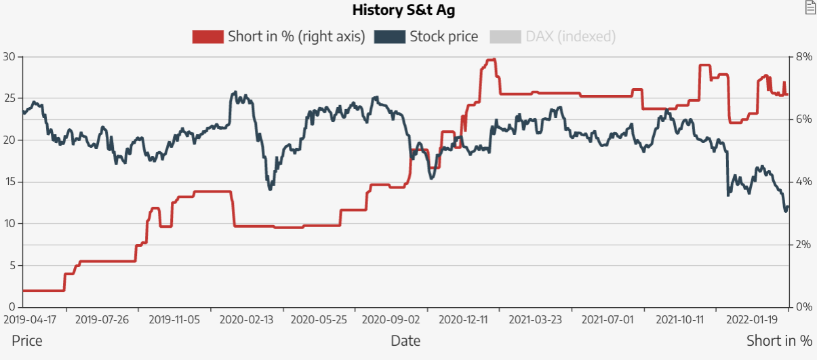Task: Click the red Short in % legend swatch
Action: coord(207,37)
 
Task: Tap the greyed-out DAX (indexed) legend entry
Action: coord(570,37)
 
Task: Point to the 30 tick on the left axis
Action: coord(9,56)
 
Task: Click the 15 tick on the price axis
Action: coord(9,182)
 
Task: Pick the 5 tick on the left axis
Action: coord(12,266)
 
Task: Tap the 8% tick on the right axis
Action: coord(803,56)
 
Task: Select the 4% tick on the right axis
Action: coord(803,182)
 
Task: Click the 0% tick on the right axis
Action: coord(803,307)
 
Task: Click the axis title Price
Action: coord(27,340)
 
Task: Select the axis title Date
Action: coord(405,340)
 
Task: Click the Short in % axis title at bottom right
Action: coord(779,340)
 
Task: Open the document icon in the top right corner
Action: coord(810,7)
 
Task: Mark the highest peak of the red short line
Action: coord(491,60)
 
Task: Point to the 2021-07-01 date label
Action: coord(608,319)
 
